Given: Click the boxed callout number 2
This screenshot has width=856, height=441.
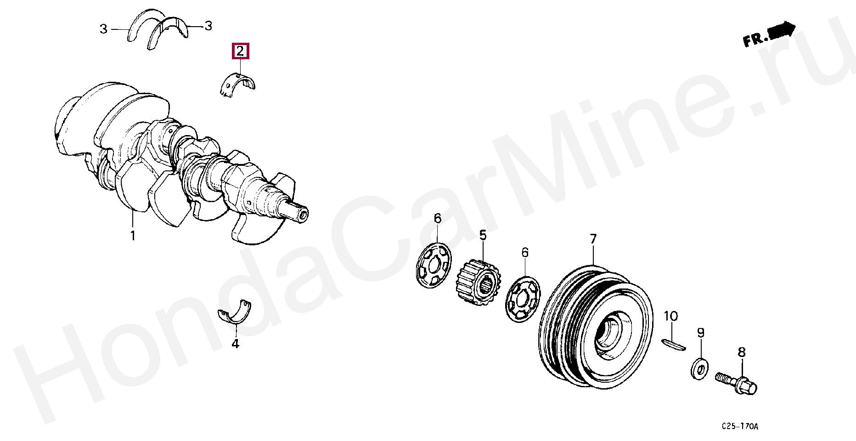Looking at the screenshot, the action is click(x=240, y=51).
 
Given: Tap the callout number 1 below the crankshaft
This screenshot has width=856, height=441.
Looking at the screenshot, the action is click(x=133, y=236).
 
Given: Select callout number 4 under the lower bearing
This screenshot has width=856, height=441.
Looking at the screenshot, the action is click(x=235, y=343).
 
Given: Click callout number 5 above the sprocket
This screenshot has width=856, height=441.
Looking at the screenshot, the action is click(x=483, y=235).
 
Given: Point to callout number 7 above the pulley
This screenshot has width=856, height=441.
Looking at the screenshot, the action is click(x=593, y=239).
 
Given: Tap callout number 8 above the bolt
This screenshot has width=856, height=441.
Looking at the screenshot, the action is click(x=742, y=352).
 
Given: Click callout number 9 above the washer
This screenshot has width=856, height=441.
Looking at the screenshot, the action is click(x=701, y=332).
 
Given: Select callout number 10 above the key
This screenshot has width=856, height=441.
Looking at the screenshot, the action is click(x=671, y=316).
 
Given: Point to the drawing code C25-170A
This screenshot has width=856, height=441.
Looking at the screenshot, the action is click(x=740, y=426).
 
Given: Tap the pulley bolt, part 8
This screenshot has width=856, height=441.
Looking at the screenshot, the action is click(x=736, y=383).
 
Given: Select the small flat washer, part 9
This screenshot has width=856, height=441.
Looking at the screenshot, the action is click(x=699, y=368).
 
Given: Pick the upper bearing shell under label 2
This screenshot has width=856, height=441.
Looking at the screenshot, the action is click(x=237, y=84).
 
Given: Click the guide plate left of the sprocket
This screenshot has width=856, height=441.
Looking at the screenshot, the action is click(x=434, y=265).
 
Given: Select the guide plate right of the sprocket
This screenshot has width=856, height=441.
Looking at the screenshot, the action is click(x=523, y=299).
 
